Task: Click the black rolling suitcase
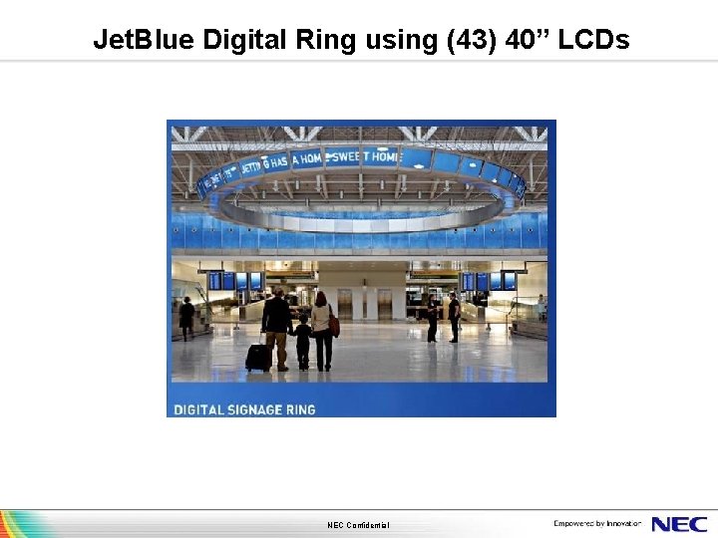click(x=257, y=357)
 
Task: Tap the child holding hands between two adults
click(x=302, y=340)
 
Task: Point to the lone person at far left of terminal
click(x=186, y=317)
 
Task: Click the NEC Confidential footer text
click(x=358, y=525)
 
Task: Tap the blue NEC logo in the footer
click(x=679, y=524)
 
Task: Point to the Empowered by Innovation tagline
click(x=597, y=524)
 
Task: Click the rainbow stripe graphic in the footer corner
click(x=25, y=524)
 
